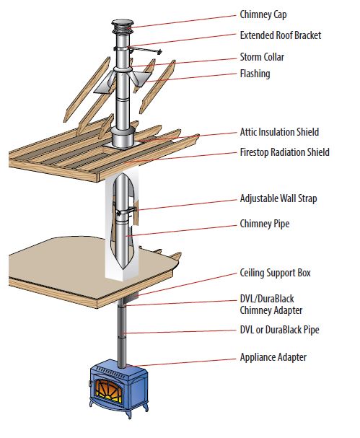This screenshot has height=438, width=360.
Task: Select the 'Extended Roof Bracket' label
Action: click(280, 35)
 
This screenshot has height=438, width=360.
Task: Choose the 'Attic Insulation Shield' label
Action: click(278, 132)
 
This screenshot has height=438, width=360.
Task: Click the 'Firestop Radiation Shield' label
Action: click(284, 152)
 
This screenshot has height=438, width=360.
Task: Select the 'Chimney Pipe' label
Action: click(264, 224)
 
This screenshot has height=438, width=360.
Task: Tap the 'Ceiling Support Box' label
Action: click(275, 273)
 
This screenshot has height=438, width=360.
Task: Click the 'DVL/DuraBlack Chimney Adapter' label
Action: click(271, 304)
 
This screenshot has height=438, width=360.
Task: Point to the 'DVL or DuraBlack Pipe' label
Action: click(278, 330)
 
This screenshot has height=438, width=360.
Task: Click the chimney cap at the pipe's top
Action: click(123, 31)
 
